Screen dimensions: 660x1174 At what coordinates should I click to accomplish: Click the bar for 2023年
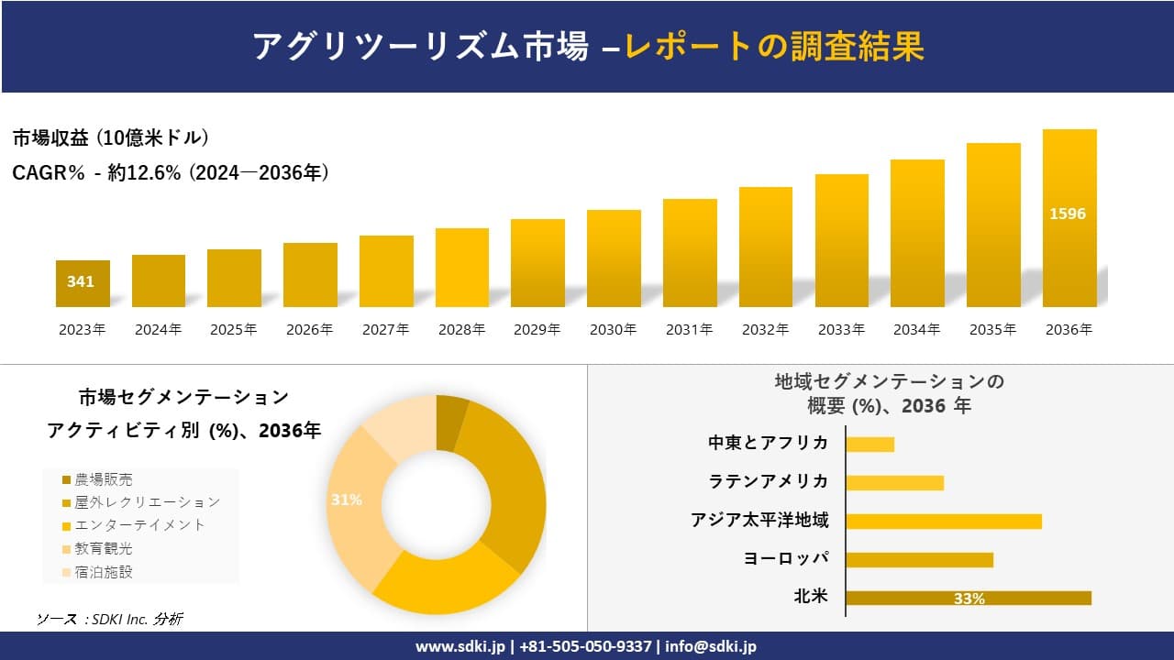(x=83, y=284)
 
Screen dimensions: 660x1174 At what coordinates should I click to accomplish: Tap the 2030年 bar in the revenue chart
(x=614, y=258)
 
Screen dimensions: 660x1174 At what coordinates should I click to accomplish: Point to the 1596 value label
(x=1068, y=214)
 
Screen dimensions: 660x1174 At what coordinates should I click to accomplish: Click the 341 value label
(x=81, y=281)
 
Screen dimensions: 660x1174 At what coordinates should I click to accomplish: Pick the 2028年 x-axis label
(x=461, y=330)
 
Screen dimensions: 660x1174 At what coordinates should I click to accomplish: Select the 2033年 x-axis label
(x=841, y=330)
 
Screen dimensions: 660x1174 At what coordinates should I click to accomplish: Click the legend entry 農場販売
(x=103, y=479)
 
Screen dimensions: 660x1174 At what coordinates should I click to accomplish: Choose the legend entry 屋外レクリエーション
(x=147, y=502)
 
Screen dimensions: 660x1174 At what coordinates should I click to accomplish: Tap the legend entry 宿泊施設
(x=103, y=572)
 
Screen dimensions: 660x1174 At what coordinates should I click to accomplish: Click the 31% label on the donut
(x=347, y=500)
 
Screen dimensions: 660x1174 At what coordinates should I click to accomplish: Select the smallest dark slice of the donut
(x=451, y=422)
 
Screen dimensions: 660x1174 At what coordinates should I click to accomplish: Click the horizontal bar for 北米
(x=968, y=598)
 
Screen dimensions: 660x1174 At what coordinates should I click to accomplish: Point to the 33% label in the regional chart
(x=969, y=599)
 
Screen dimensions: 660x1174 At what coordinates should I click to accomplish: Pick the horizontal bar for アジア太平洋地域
(x=943, y=521)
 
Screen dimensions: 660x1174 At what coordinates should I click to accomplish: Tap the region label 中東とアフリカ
(x=768, y=443)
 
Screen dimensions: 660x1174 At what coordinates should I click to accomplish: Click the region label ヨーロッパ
(x=786, y=558)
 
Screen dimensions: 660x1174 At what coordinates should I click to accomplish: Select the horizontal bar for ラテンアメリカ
(x=894, y=482)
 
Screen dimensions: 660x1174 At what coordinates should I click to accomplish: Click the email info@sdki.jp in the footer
(x=711, y=646)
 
